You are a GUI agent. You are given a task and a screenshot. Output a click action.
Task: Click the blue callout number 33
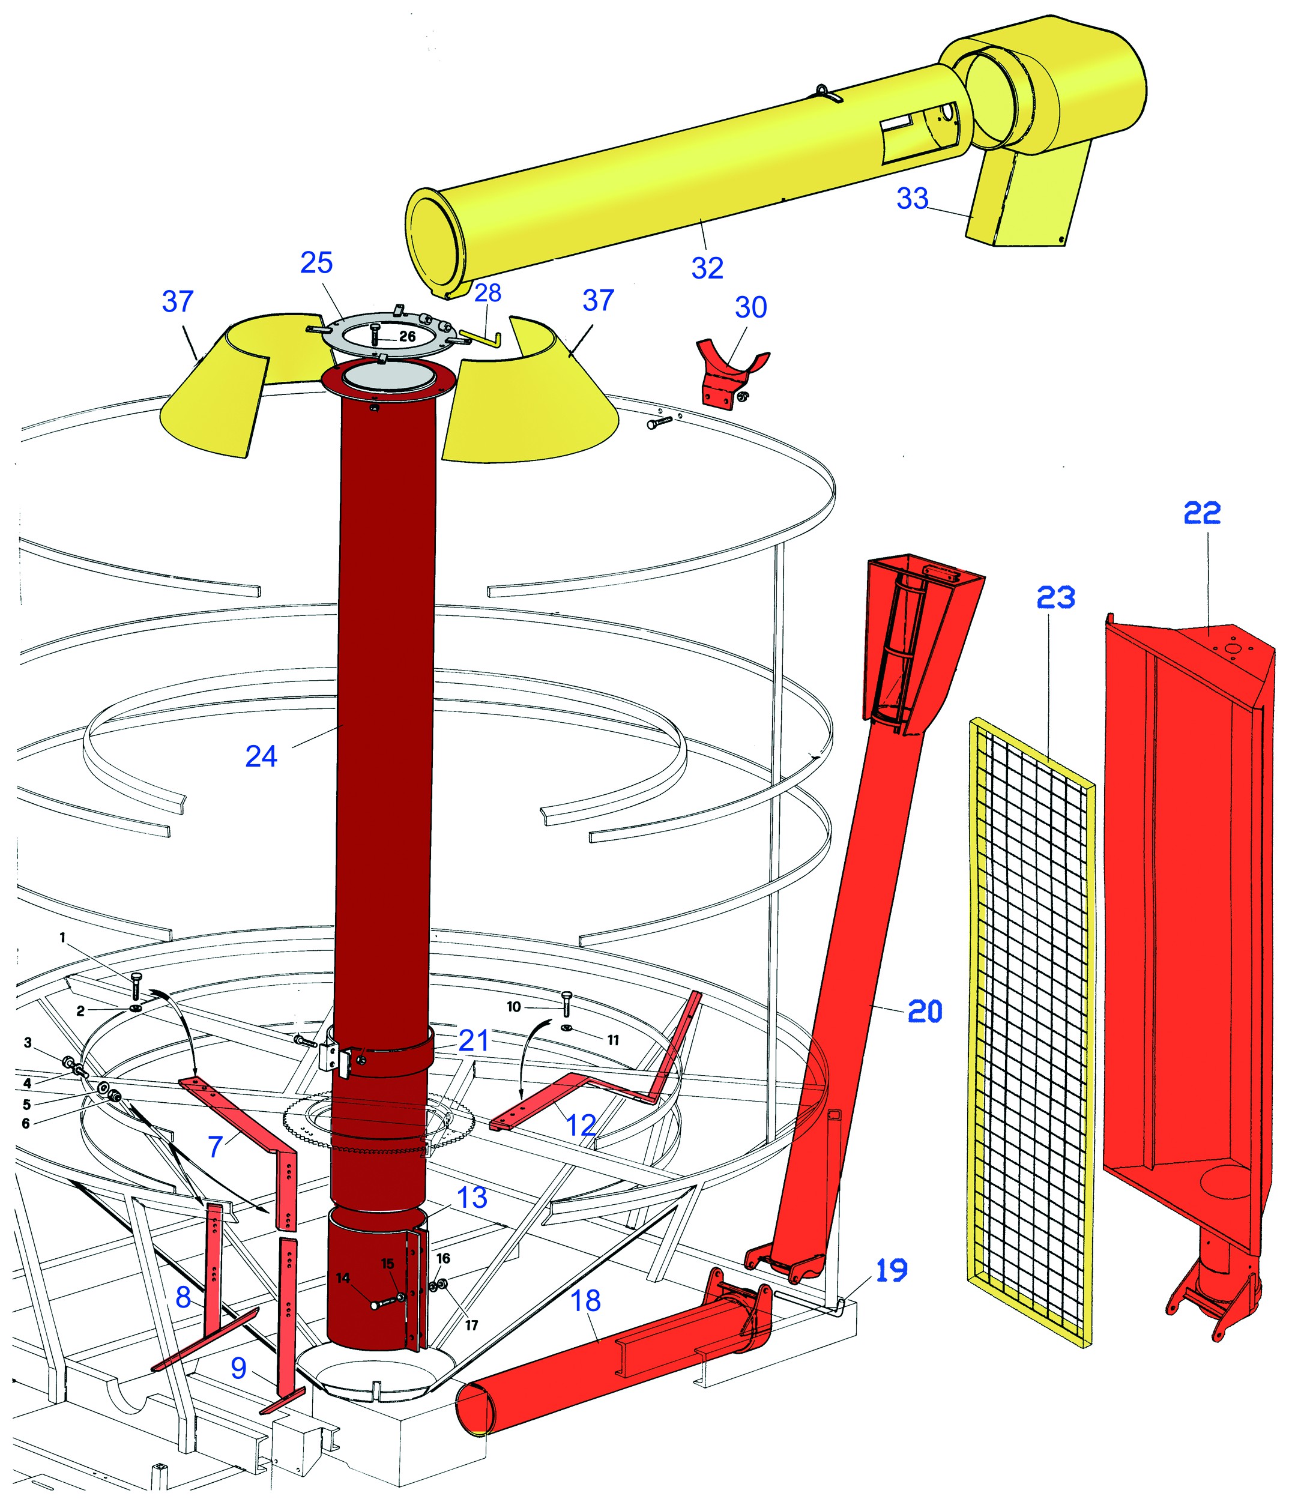[x=912, y=198]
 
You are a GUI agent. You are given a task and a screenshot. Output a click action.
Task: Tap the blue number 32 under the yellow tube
[x=707, y=268]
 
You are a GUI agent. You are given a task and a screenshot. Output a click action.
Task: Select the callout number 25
[x=316, y=263]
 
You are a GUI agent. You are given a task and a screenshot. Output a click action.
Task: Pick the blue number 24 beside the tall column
[x=261, y=757]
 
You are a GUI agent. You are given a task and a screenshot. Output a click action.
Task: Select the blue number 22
[x=1202, y=514]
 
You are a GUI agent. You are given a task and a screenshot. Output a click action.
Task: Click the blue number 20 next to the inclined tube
[x=925, y=1011]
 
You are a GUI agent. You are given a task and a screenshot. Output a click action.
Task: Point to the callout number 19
[x=891, y=1270]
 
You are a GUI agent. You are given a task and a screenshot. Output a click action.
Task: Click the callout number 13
[x=472, y=1197]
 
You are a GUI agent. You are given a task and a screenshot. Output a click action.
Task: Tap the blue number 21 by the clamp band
[x=473, y=1041]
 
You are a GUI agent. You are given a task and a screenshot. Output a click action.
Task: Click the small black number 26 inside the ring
[x=407, y=336]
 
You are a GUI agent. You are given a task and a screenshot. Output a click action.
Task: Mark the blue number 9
[x=239, y=1369]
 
